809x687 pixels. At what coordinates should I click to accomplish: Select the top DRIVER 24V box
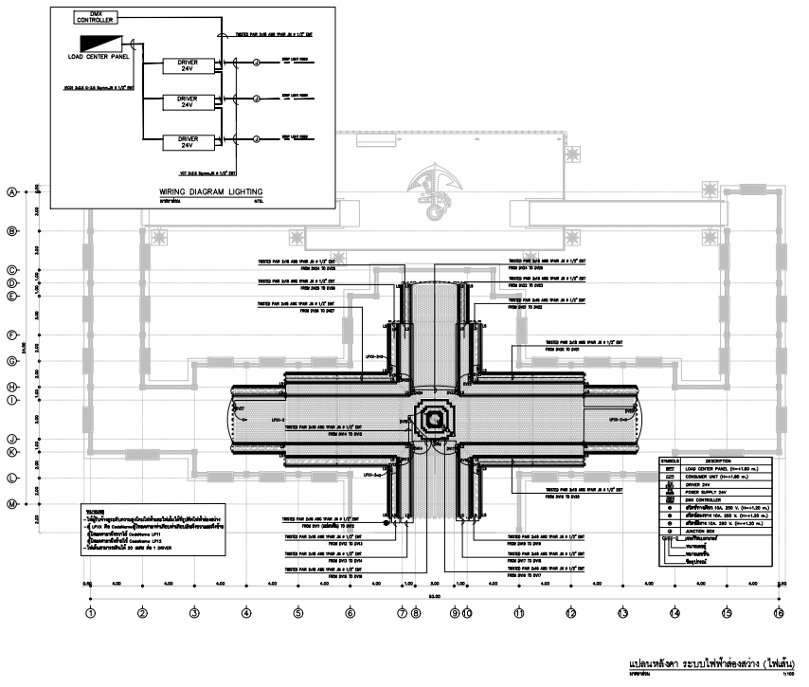[x=186, y=64]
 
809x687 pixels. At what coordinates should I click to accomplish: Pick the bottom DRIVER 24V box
[x=186, y=142]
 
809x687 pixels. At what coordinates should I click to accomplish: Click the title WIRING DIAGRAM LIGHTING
[x=210, y=191]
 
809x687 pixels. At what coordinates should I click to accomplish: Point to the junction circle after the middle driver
[x=256, y=99]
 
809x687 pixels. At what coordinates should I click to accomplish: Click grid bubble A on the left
[x=13, y=191]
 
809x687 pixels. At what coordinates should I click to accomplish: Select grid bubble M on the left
[x=13, y=504]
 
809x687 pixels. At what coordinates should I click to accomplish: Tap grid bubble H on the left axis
[x=13, y=387]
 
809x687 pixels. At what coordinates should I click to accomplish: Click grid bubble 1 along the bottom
[x=90, y=613]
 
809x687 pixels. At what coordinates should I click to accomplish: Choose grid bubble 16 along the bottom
[x=779, y=613]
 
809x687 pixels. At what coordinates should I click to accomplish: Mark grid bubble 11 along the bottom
[x=519, y=613]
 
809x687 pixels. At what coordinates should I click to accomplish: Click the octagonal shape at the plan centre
[x=433, y=418]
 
